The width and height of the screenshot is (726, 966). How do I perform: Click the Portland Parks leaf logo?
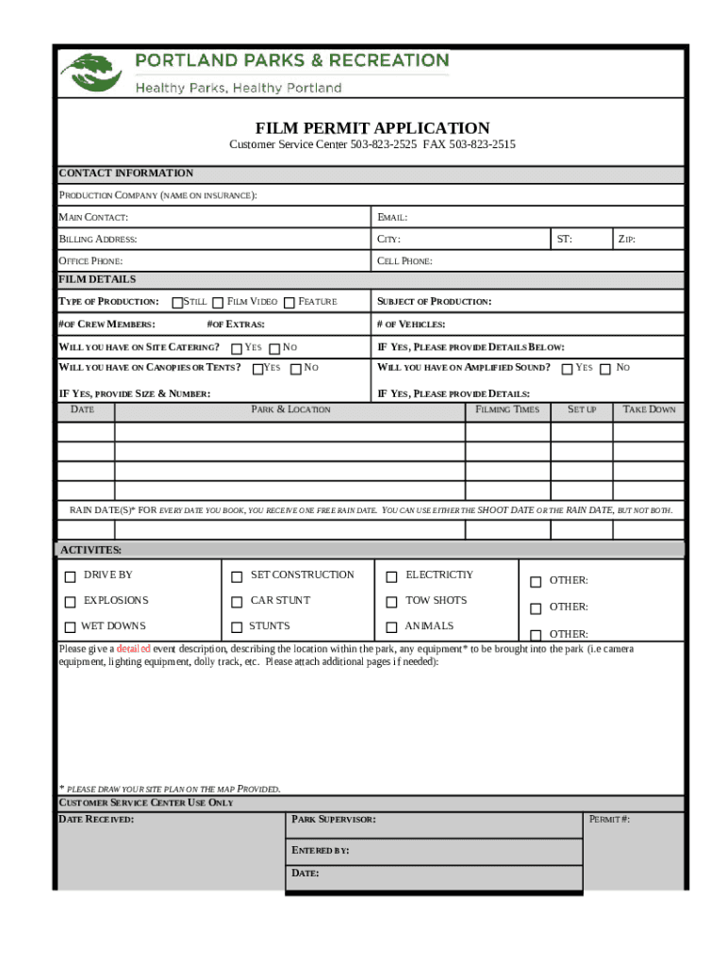91,73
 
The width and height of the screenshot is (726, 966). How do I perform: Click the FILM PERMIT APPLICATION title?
372,128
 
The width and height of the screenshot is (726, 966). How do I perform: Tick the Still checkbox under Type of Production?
177,302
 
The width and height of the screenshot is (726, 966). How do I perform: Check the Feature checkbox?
289,302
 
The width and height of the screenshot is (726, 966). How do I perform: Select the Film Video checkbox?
218,302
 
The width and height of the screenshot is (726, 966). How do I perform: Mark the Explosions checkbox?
70,602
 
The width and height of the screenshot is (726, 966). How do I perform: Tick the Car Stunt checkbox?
237,602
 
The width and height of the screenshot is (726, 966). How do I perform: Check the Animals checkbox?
392,627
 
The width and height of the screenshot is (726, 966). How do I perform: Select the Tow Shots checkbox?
392,602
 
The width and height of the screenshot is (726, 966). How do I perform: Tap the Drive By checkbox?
70,576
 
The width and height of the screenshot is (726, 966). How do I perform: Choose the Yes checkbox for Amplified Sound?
567,368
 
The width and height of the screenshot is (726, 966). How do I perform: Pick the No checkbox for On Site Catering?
274,348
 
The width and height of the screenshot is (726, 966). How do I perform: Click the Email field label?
392,218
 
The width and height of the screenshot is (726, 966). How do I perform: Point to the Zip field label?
626,240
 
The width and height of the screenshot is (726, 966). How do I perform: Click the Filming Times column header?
507,409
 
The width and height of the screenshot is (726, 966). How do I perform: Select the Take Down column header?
649,409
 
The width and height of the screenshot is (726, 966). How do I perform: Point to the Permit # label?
609,819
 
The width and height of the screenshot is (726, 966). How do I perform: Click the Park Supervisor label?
334,819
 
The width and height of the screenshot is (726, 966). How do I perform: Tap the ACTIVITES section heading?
91,550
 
